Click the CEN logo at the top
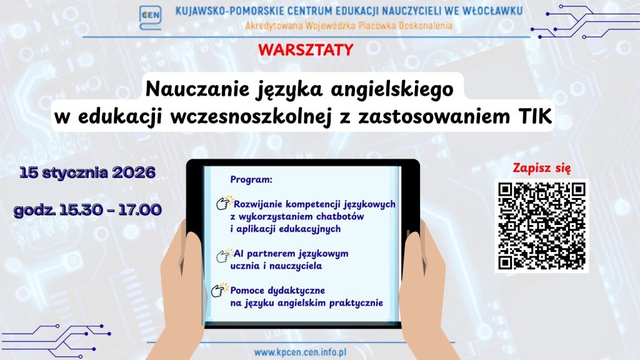(x=150, y=17)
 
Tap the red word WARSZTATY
(x=306, y=50)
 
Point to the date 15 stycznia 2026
(x=87, y=172)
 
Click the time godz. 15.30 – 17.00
(x=87, y=210)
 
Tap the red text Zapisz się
(x=542, y=168)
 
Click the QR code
(x=542, y=226)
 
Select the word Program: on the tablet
(x=251, y=179)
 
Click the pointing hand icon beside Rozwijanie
(x=224, y=202)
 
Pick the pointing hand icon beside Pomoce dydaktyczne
(x=219, y=290)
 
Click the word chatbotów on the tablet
(x=339, y=216)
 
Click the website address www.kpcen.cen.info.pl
(x=300, y=352)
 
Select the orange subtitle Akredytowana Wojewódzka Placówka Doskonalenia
(x=349, y=26)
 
